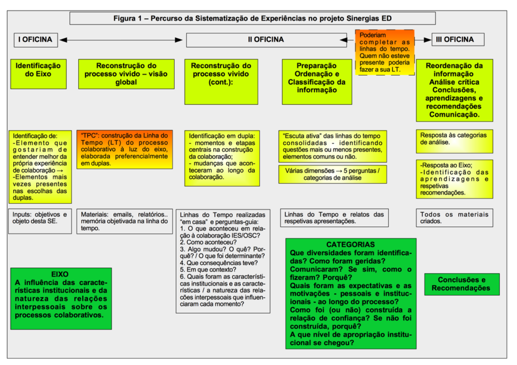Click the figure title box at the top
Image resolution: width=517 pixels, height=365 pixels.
pyautogui.click(x=252, y=19)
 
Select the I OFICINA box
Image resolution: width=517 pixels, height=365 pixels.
pyautogui.click(x=35, y=39)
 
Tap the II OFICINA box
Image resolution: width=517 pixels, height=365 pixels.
pyautogui.click(x=266, y=39)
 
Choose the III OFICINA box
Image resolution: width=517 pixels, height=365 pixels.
pyautogui.click(x=458, y=39)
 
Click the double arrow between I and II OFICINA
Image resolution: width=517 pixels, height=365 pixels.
pyautogui.click(x=121, y=39)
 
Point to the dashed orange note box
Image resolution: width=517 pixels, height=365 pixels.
pyautogui.click(x=385, y=52)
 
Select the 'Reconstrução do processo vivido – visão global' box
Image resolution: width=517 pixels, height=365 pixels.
pyautogui.click(x=126, y=74)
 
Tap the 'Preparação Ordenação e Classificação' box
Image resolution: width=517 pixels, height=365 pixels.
pyautogui.click(x=317, y=78)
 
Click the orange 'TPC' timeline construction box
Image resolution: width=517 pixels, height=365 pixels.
pyautogui.click(x=125, y=149)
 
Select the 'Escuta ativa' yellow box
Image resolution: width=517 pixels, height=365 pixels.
pyautogui.click(x=333, y=146)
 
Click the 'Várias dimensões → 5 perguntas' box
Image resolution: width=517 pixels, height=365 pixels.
pyautogui.click(x=333, y=174)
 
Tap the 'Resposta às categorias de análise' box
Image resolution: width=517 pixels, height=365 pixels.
pyautogui.click(x=454, y=139)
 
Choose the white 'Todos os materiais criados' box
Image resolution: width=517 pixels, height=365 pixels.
pyautogui.click(x=454, y=218)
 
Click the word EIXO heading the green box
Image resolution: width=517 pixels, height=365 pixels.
pyautogui.click(x=60, y=275)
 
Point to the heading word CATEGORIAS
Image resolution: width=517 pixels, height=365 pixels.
pyautogui.click(x=350, y=245)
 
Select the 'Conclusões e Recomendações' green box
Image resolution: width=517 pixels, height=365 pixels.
pyautogui.click(x=461, y=284)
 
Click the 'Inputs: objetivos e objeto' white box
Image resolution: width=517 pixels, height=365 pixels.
pyautogui.click(x=41, y=218)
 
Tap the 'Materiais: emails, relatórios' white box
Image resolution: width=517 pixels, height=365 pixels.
pyautogui.click(x=125, y=221)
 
